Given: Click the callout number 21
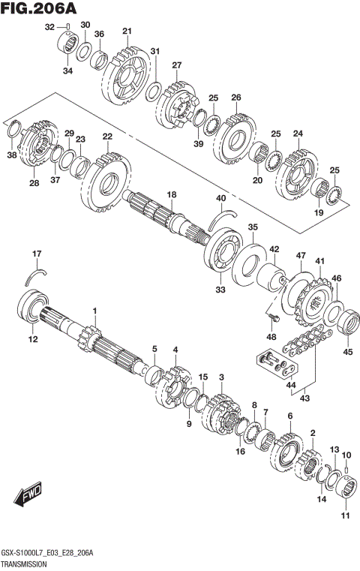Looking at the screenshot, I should pos(127,31).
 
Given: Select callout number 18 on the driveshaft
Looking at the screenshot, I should pos(171,194).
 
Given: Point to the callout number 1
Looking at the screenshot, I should pos(95,311).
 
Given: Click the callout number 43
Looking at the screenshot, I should pos(304,398).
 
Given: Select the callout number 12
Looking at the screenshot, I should pos(32,340).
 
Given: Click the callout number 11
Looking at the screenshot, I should pos(346,515).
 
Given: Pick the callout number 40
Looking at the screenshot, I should pos(220,198).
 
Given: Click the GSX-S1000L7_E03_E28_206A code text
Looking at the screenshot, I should pos(48,552).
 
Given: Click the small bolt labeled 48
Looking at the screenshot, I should pos(269,320).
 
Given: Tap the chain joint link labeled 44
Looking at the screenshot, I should pos(271,362).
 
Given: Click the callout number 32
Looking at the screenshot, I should pos(50,27).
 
